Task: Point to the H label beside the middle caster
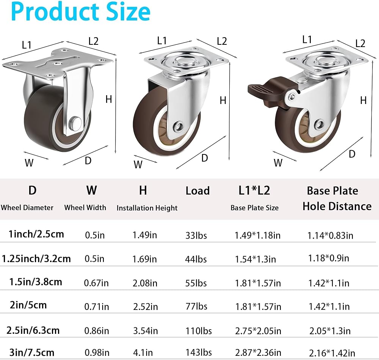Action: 223,101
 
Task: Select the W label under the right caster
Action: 278,163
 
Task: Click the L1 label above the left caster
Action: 27,45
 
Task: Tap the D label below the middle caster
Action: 205,158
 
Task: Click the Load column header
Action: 197,191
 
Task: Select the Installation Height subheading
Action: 147,208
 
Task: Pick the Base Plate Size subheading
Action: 255,208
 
